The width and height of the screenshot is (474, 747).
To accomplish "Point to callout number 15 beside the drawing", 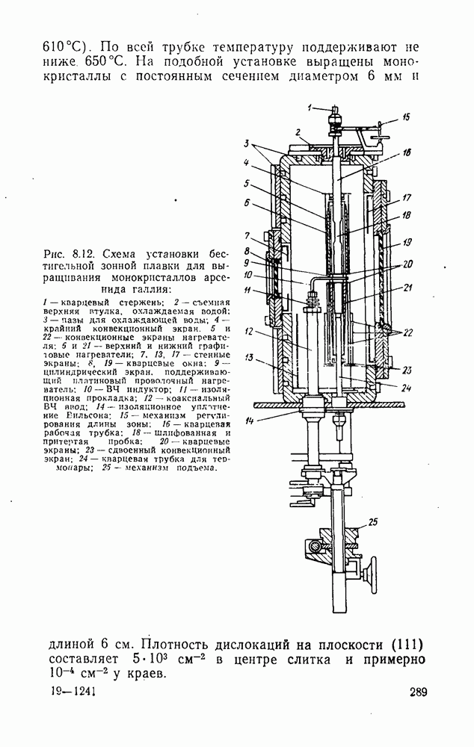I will pyautogui.click(x=406, y=117).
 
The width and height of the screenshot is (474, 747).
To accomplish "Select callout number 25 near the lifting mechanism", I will pyautogui.click(x=373, y=521).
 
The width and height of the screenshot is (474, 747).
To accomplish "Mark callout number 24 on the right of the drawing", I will pyautogui.click(x=404, y=388).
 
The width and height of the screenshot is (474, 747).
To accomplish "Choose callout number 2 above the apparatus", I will pyautogui.click(x=298, y=131).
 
